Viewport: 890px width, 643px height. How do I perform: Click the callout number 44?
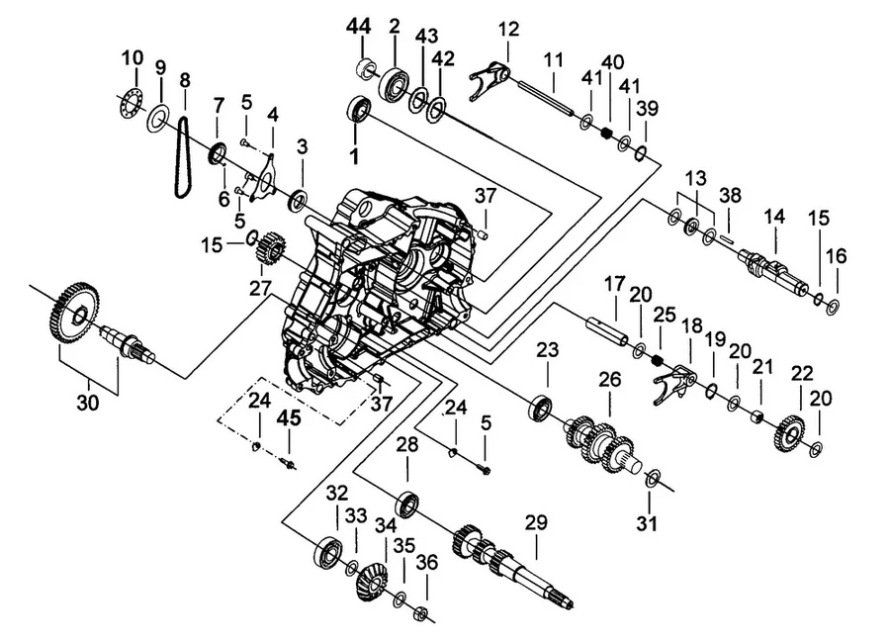[x=360, y=27]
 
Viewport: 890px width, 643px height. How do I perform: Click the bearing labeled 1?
[x=358, y=109]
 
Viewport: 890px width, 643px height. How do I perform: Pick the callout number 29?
[x=537, y=522]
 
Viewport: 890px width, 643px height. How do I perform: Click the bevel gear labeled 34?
[x=373, y=581]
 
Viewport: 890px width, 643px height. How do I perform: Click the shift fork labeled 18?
[x=674, y=383]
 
